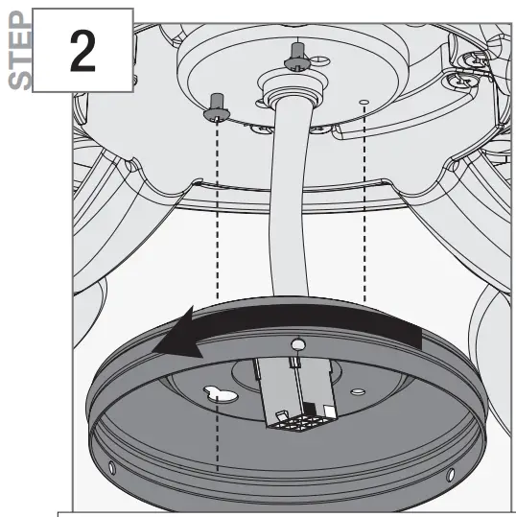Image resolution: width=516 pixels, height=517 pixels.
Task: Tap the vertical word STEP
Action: click(x=18, y=48)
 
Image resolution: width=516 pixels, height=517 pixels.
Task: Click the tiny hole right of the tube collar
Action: click(x=363, y=100)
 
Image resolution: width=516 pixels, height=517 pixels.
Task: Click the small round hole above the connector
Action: click(x=297, y=342)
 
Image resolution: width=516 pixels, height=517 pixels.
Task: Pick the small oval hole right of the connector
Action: click(x=356, y=391)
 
